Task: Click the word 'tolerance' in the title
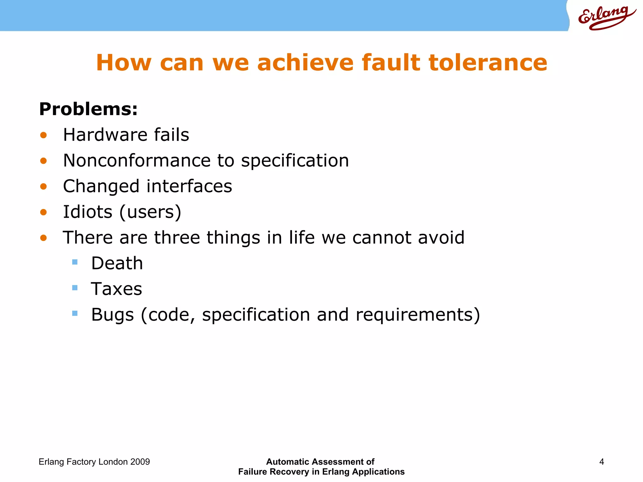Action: [x=488, y=62]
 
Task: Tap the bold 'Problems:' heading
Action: [x=88, y=109]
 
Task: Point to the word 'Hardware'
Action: [x=105, y=135]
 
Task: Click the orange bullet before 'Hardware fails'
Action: [x=43, y=135]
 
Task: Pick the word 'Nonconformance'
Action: [x=137, y=161]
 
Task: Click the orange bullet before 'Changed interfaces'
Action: [x=43, y=187]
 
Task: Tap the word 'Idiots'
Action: [x=88, y=212]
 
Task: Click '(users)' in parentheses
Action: [x=150, y=212]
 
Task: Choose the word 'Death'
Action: [x=117, y=263]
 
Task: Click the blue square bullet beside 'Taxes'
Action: [x=75, y=287]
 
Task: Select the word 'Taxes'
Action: [x=116, y=289]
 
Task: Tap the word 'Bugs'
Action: [x=112, y=315]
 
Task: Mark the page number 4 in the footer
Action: [x=602, y=462]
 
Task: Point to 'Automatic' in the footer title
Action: [x=288, y=462]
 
